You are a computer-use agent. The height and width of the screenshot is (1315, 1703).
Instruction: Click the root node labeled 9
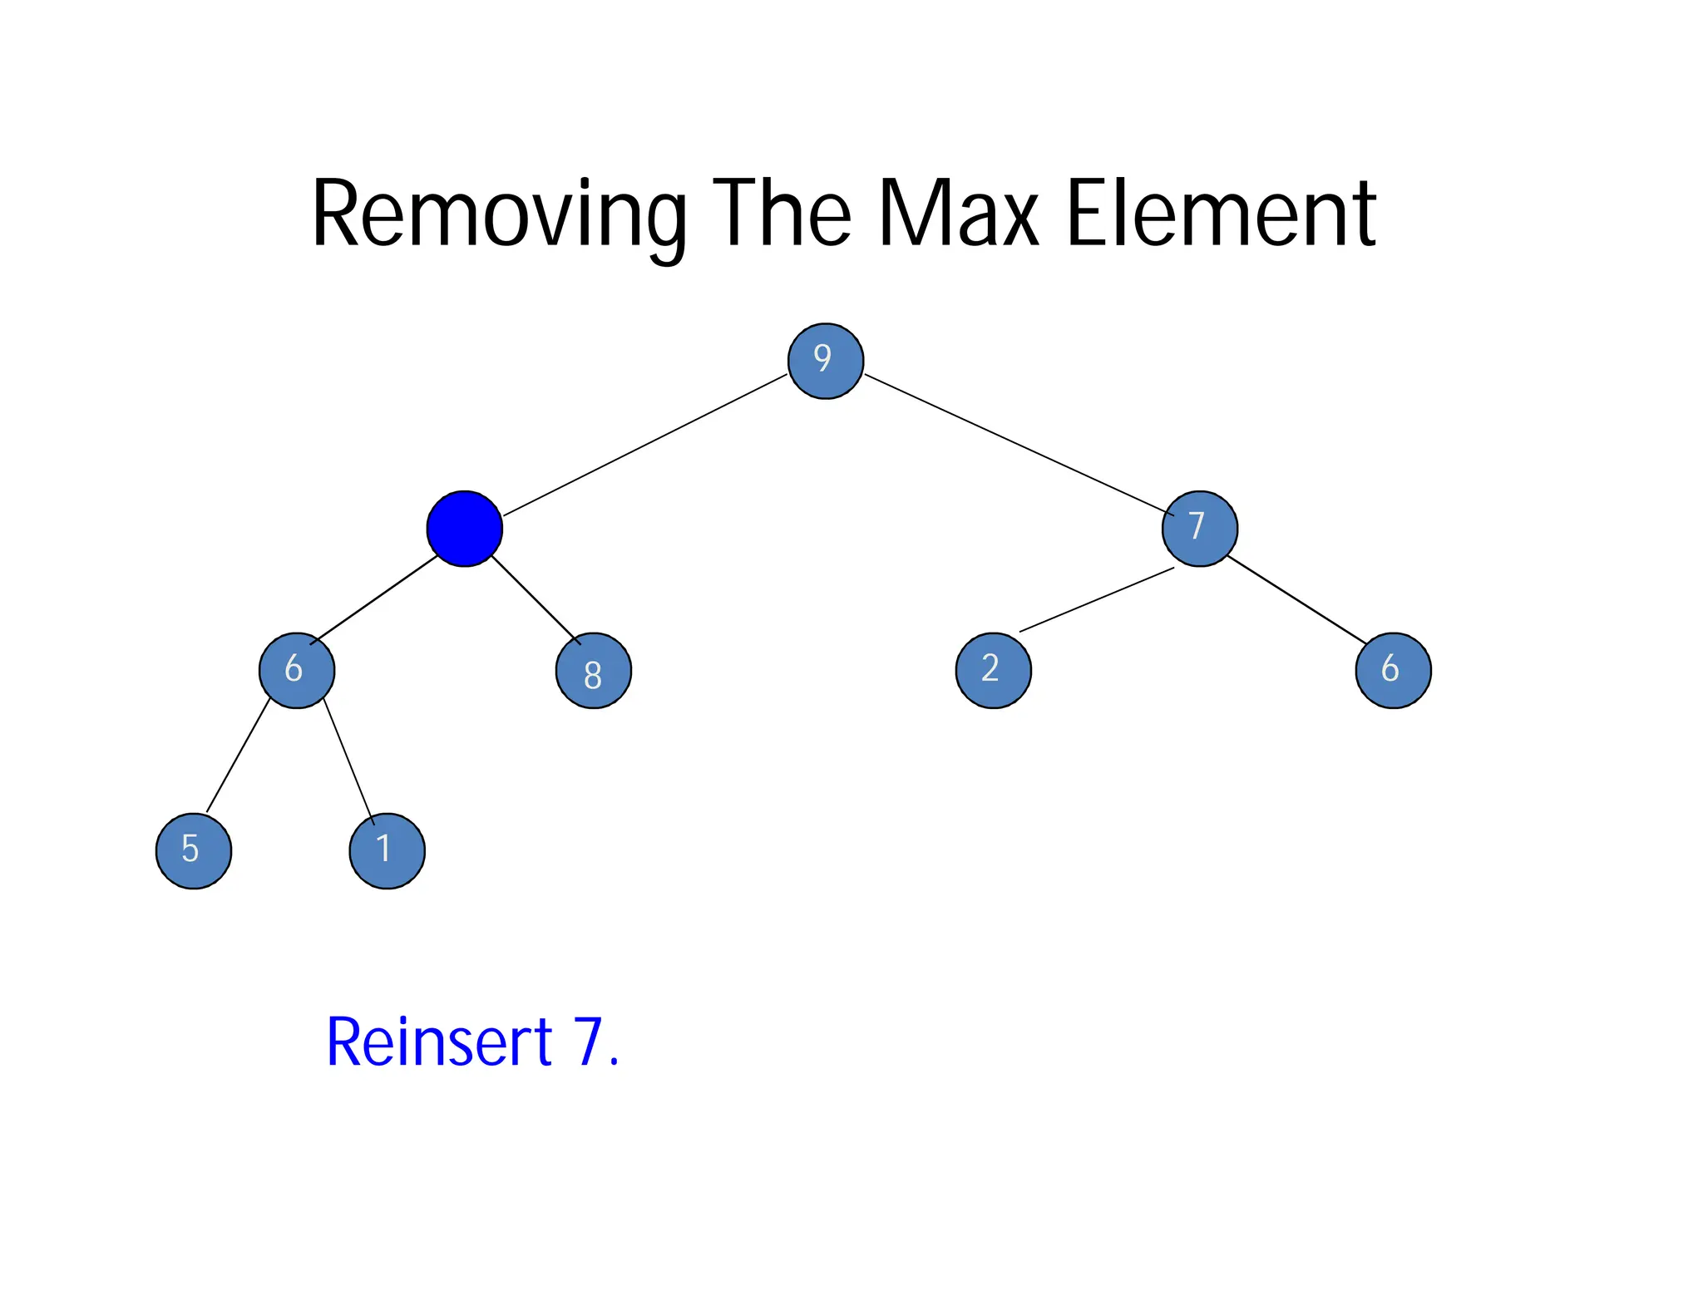pos(825,361)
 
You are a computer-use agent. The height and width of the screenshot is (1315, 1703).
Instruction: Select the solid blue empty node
pos(464,529)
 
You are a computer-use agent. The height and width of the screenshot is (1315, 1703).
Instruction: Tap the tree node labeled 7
pos(1199,529)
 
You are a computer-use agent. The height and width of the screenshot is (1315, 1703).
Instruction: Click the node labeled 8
pos(593,671)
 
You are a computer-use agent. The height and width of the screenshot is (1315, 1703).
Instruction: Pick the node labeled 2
pos(993,671)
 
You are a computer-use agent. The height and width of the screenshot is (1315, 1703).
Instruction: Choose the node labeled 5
pos(194,850)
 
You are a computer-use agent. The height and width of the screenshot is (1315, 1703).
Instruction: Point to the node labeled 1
pos(387,850)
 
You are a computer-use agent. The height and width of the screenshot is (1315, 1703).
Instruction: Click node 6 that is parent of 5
pos(297,671)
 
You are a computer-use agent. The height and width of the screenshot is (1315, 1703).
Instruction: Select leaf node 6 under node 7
pos(1393,671)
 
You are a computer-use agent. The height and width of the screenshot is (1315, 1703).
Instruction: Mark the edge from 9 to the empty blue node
pos(645,445)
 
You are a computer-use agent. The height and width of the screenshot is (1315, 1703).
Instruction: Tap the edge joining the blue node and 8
pos(536,599)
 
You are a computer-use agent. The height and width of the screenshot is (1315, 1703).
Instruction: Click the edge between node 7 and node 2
pos(1096,599)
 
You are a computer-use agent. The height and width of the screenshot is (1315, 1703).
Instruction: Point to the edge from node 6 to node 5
pos(238,756)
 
